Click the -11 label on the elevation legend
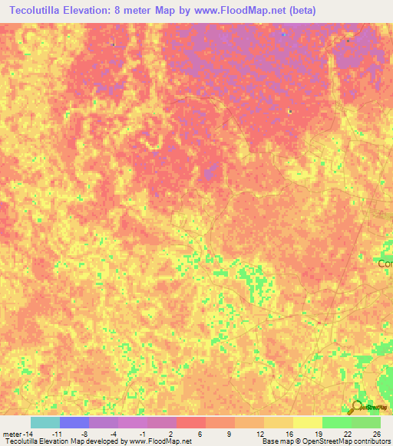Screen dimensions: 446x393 tap(57, 434)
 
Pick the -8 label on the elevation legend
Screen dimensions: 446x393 tap(84, 434)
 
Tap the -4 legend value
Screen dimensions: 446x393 tap(113, 434)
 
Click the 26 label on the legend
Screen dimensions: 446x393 tap(376, 434)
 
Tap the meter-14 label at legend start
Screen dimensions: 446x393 tap(17, 434)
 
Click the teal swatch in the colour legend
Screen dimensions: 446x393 tap(45, 422)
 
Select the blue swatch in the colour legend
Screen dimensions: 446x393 tap(74, 422)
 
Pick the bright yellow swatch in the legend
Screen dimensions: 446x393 tap(307, 422)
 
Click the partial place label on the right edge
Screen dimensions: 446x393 tap(385, 263)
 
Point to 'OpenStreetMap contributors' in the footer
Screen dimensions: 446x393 tap(352, 441)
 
